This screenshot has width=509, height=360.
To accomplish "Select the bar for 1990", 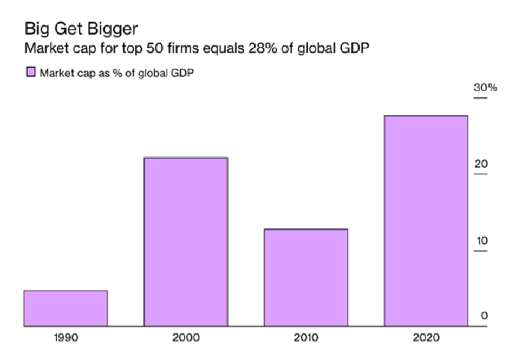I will [x=66, y=308].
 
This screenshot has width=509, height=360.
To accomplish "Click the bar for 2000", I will [x=186, y=241].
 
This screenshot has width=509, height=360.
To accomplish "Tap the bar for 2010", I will [x=305, y=277].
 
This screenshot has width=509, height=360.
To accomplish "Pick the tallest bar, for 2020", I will [x=426, y=221].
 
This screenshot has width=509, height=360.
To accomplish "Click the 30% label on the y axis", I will [x=485, y=87].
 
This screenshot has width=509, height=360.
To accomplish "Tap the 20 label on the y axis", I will [x=481, y=164].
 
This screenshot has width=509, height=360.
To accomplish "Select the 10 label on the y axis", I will [x=481, y=240].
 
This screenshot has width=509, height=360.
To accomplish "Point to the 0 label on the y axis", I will [x=485, y=316].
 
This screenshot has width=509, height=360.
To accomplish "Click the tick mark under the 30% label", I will [x=481, y=98].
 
